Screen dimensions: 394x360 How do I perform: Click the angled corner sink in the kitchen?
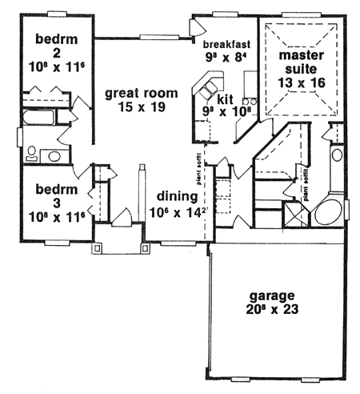(212, 83)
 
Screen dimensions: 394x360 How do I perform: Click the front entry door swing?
(122, 217)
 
